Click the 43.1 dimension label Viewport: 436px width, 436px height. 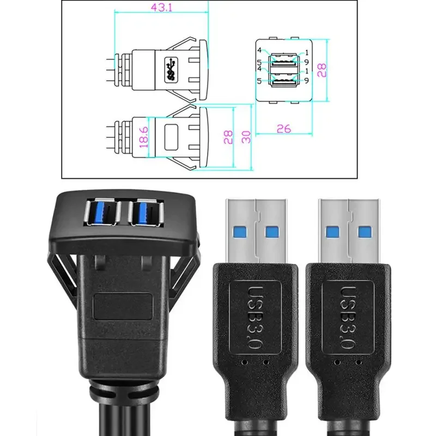(x=161, y=8)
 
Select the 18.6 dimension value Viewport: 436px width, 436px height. (x=144, y=137)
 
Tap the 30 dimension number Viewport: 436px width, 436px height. (x=246, y=137)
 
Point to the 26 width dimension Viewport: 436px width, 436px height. (x=283, y=129)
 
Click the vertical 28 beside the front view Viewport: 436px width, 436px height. (x=322, y=70)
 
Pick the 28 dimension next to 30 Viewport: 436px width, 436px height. (x=228, y=137)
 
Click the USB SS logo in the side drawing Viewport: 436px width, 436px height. (x=171, y=70)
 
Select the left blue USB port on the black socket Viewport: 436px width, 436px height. (x=102, y=211)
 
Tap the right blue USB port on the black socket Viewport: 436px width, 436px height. (x=146, y=212)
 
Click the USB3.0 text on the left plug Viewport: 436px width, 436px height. (x=254, y=318)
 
